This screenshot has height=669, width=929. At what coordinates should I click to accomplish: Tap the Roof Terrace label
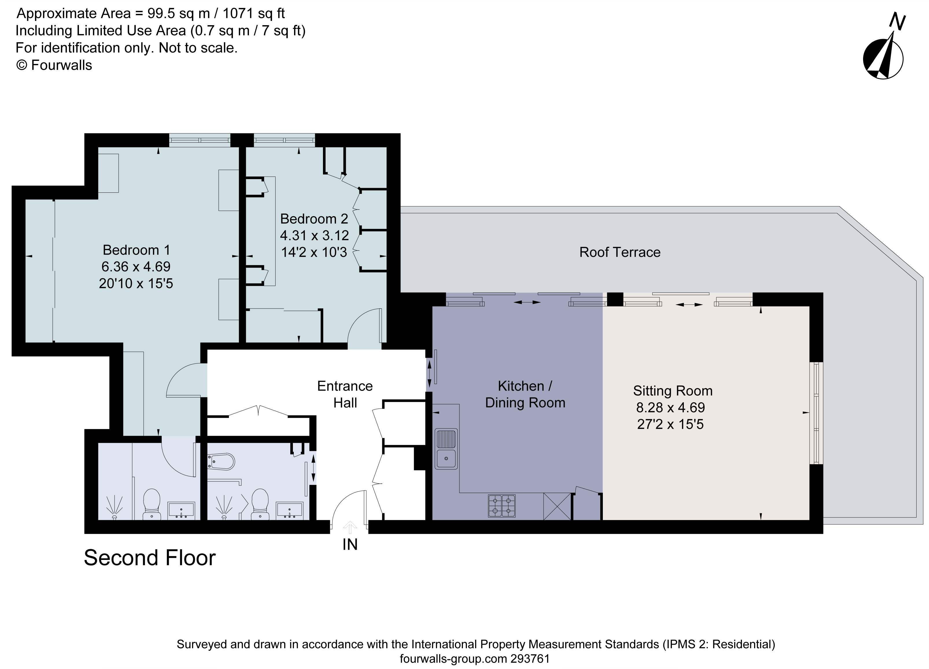pos(619,252)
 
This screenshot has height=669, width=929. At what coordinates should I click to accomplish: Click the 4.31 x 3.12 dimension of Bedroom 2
pos(314,235)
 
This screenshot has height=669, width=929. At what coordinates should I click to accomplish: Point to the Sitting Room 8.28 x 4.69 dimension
pos(670,407)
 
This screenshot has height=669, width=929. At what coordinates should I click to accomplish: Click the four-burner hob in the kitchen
pos(501,506)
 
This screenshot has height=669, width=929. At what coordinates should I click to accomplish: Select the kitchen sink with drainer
pos(446,449)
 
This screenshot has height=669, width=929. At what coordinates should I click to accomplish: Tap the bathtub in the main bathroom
pos(221,462)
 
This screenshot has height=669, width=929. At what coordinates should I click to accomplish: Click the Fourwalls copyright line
pos(54,65)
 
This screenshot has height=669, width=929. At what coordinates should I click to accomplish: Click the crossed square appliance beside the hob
pos(557,506)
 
